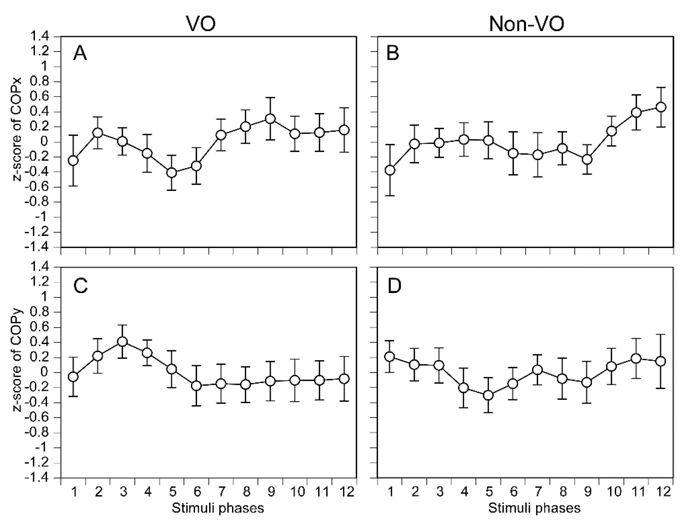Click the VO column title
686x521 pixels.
(x=200, y=23)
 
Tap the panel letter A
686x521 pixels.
(x=80, y=53)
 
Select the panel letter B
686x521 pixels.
(x=393, y=53)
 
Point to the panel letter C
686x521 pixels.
(x=80, y=286)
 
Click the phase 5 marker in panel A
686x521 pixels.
(x=172, y=173)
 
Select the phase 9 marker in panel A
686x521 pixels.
(x=270, y=119)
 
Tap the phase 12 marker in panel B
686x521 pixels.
(x=661, y=107)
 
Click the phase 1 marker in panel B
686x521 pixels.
(x=390, y=170)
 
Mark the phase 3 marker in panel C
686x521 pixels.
(x=122, y=342)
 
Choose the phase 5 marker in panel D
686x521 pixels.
(x=488, y=395)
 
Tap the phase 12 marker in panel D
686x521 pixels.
(x=661, y=361)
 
